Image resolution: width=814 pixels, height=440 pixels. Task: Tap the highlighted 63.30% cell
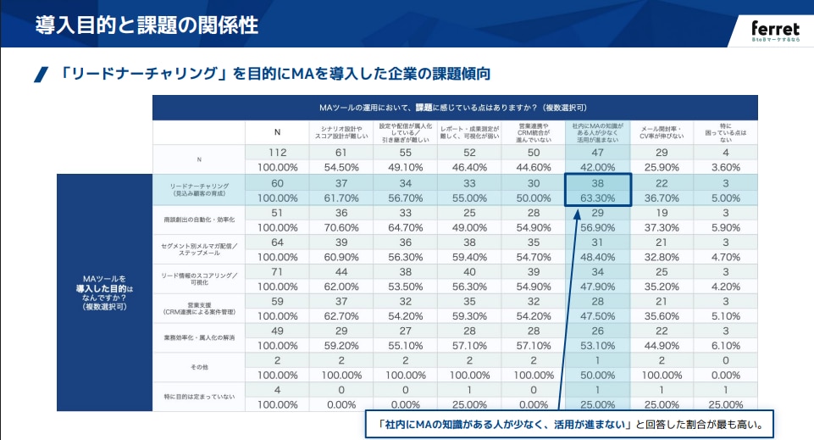point(598,198)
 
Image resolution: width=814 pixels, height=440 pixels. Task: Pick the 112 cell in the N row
point(277,152)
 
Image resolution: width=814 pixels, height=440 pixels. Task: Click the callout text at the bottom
point(569,424)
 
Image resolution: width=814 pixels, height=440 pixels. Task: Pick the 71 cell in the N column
point(277,271)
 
